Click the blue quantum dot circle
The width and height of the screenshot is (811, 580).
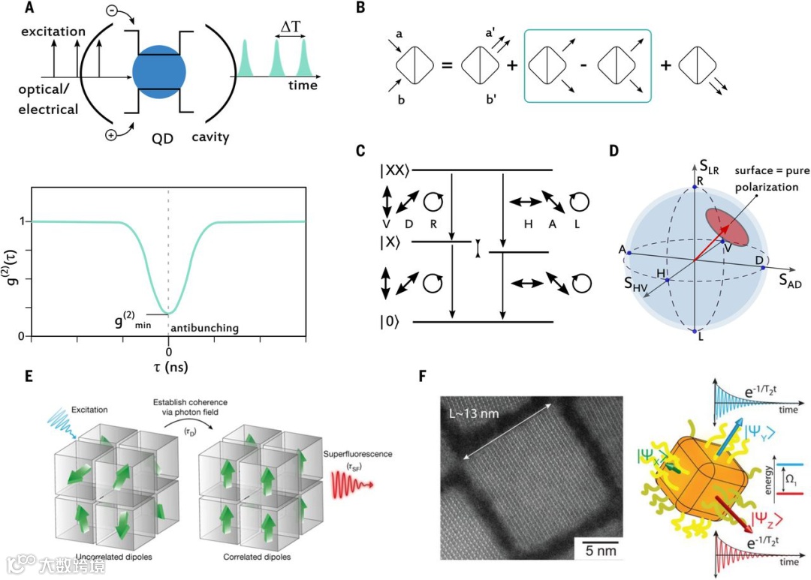click(159, 73)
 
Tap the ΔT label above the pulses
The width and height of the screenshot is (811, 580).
click(290, 27)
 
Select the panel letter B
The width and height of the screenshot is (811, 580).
click(360, 9)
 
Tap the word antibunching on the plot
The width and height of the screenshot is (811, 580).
click(204, 329)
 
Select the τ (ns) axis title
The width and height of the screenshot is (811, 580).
click(168, 367)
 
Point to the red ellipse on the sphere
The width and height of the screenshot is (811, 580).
click(725, 225)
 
